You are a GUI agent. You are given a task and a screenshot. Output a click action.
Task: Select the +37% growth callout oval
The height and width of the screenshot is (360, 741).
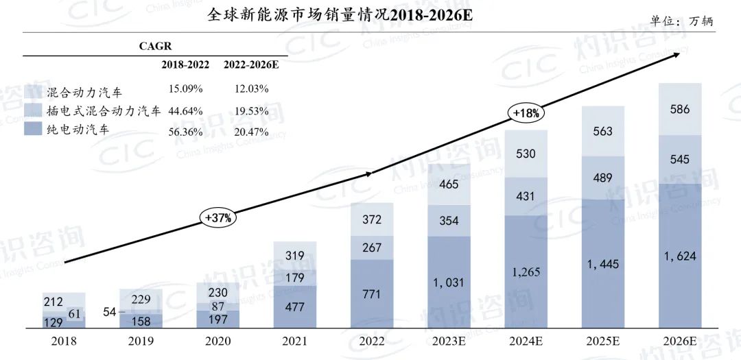pyautogui.click(x=219, y=218)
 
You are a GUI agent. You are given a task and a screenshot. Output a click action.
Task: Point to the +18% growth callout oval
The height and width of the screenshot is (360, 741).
pyautogui.click(x=525, y=113)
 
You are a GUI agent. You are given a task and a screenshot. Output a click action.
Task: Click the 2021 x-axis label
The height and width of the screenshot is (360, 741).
pyautogui.click(x=295, y=341)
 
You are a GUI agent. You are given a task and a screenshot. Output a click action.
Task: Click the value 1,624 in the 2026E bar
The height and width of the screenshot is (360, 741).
pyautogui.click(x=680, y=256)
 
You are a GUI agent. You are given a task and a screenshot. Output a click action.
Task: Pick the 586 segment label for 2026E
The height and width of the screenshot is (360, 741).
pyautogui.click(x=680, y=109)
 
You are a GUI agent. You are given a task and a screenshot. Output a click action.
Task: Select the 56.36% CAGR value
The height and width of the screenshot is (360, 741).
pyautogui.click(x=184, y=130)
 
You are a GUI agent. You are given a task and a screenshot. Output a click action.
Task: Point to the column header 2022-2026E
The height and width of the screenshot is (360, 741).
pyautogui.click(x=251, y=64)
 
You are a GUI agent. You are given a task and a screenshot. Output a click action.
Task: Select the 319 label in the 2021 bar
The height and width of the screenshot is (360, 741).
pyautogui.click(x=295, y=256)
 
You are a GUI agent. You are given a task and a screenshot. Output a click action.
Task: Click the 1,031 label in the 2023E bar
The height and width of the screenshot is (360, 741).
pyautogui.click(x=449, y=280)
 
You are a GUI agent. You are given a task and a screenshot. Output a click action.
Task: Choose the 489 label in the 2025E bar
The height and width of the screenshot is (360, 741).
pyautogui.click(x=602, y=176)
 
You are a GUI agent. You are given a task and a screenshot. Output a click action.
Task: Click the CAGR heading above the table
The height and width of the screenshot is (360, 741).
pyautogui.click(x=155, y=46)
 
